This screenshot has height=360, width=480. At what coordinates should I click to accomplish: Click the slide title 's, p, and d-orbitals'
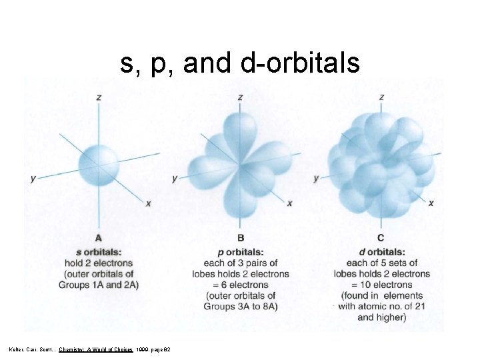coord(240,63)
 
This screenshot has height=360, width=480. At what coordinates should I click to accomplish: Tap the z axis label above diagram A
coord(99,97)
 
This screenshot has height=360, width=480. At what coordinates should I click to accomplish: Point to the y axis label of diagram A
coord(33,178)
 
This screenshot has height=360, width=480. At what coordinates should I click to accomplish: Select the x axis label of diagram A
coord(148,203)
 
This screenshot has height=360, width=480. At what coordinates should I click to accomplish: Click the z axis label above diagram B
coord(240,97)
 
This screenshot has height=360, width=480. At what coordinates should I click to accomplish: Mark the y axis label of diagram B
coord(175,178)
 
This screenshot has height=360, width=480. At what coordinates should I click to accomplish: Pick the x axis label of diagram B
coord(289,203)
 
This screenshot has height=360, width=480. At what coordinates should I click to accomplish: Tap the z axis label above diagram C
coord(381,97)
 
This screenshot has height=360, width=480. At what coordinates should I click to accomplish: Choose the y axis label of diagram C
coord(316,178)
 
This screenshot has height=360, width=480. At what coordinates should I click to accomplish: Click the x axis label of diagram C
coord(431,203)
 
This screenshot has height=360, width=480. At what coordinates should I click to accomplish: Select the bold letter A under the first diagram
coord(99,238)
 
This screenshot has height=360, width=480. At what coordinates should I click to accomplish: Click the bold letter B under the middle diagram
coord(240,238)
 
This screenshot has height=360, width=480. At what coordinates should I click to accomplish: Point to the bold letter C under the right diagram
coord(381,238)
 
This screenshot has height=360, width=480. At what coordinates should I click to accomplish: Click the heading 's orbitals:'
coord(99,252)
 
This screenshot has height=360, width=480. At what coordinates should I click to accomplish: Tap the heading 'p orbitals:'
coord(240,252)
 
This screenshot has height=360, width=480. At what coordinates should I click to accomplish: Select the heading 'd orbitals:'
coord(381,252)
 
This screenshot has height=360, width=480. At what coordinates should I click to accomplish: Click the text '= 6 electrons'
coord(240,285)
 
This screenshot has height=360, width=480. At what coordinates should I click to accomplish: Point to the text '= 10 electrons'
coord(381,285)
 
